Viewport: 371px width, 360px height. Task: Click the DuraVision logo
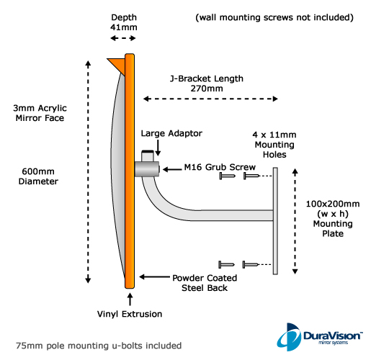(319, 337)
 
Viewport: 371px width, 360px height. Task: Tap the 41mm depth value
(124, 27)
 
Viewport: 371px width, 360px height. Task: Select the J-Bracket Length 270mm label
(207, 84)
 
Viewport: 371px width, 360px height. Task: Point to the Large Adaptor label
(171, 133)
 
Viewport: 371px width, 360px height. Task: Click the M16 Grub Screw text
(220, 167)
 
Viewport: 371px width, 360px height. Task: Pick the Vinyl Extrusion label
(130, 314)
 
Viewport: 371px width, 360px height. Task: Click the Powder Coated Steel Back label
(205, 283)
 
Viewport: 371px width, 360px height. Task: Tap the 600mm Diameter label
(38, 176)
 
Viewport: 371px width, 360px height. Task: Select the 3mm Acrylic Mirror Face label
(40, 113)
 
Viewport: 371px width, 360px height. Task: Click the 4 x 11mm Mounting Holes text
(274, 145)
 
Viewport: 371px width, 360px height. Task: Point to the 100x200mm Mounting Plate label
(333, 218)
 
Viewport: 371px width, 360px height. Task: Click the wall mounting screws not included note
(274, 17)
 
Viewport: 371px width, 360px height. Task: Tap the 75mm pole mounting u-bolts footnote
(99, 346)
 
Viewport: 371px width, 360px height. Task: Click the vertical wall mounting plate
(275, 221)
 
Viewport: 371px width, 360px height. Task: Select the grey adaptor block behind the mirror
(147, 169)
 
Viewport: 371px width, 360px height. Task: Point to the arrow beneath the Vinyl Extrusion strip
(130, 300)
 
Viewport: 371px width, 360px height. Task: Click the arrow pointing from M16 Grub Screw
(172, 169)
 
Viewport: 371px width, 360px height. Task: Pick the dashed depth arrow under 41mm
(123, 38)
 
